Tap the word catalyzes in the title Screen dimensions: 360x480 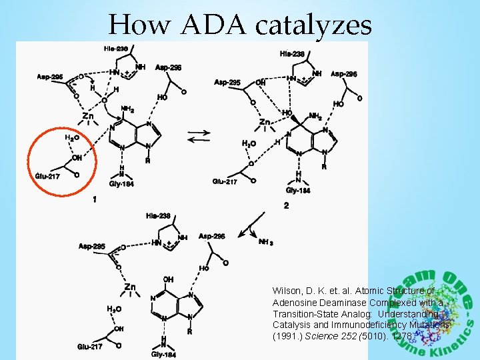pos(314,26)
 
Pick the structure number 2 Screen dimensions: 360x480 pos(286,206)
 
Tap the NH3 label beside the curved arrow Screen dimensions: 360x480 pos(265,242)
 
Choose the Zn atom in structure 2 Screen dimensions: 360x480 pos(265,123)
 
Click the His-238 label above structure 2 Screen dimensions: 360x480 pos(293,53)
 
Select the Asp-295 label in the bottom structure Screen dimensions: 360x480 pos(92,246)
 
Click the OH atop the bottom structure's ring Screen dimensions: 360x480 pos(168,279)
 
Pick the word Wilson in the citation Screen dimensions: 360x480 pos(287,291)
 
